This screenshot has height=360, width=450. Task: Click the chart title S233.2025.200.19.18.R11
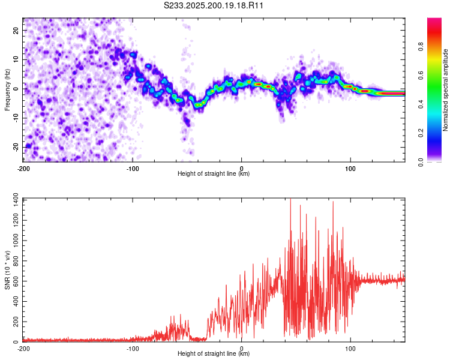coord(213,5)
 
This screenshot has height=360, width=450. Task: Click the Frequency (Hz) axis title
coord(7,90)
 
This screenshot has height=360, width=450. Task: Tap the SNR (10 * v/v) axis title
coord(7,270)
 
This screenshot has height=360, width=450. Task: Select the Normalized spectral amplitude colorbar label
coord(445,90)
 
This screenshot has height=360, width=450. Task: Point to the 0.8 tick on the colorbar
coord(421,46)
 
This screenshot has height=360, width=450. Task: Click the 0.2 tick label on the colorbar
coord(421,133)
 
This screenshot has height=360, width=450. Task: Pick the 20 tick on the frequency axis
coord(16,31)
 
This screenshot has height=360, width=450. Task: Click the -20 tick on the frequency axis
coord(16,147)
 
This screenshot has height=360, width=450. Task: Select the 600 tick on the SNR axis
coord(16,281)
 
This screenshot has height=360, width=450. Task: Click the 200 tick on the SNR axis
coord(16,322)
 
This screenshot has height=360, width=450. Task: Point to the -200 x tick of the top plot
coord(23,169)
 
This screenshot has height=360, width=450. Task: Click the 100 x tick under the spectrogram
coord(350,169)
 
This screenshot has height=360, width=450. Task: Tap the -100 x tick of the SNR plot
coord(133,349)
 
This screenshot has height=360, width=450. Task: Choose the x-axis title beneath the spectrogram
coord(214,173)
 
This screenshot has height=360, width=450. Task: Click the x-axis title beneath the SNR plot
coord(214,353)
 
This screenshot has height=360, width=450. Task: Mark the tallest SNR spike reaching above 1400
coord(290,200)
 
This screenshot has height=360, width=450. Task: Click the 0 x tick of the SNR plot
coord(241,349)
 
